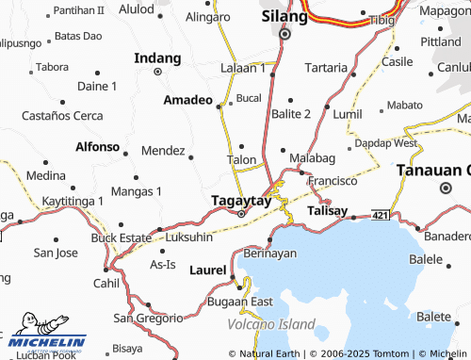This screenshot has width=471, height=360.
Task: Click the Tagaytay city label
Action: point(240,201)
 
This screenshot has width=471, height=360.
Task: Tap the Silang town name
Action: point(284,17)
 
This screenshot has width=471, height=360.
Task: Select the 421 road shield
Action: point(380,215)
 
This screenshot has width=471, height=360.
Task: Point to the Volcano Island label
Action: point(271,324)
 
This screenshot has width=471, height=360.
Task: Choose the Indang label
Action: point(157,58)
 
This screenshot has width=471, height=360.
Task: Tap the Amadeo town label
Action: point(187,100)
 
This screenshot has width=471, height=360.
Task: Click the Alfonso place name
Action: point(98,147)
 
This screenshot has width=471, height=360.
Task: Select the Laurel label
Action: point(207,270)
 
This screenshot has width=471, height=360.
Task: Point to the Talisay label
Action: point(328,211)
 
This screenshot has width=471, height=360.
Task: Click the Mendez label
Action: point(162,150)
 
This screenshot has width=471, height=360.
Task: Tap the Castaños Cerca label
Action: point(63,115)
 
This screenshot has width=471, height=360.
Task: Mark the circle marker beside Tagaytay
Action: point(241,214)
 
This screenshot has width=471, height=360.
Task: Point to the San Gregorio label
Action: point(148,318)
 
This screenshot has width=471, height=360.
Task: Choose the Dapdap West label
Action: point(386,143)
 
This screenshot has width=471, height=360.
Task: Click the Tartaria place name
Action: point(325,68)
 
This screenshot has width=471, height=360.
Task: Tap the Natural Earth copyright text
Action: point(270,353)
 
